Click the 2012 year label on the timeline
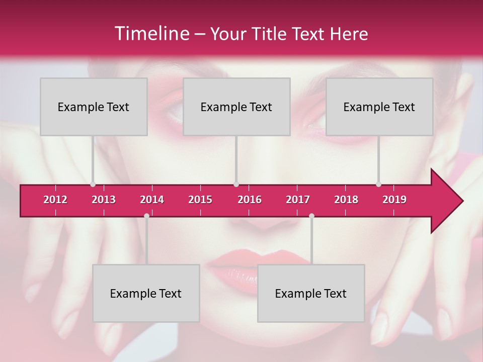55,200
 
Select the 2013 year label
104,200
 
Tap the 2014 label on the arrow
152,200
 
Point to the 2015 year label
200,200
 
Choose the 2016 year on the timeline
250,200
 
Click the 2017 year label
298,200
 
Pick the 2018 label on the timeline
346,200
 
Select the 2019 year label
394,200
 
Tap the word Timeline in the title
151,34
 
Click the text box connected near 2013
94,107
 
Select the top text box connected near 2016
236,107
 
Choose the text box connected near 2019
379,107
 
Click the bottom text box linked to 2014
146,293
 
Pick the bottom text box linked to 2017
311,293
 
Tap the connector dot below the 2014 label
146,216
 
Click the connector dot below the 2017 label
311,216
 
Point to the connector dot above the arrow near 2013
93,184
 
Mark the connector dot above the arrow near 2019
378,184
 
